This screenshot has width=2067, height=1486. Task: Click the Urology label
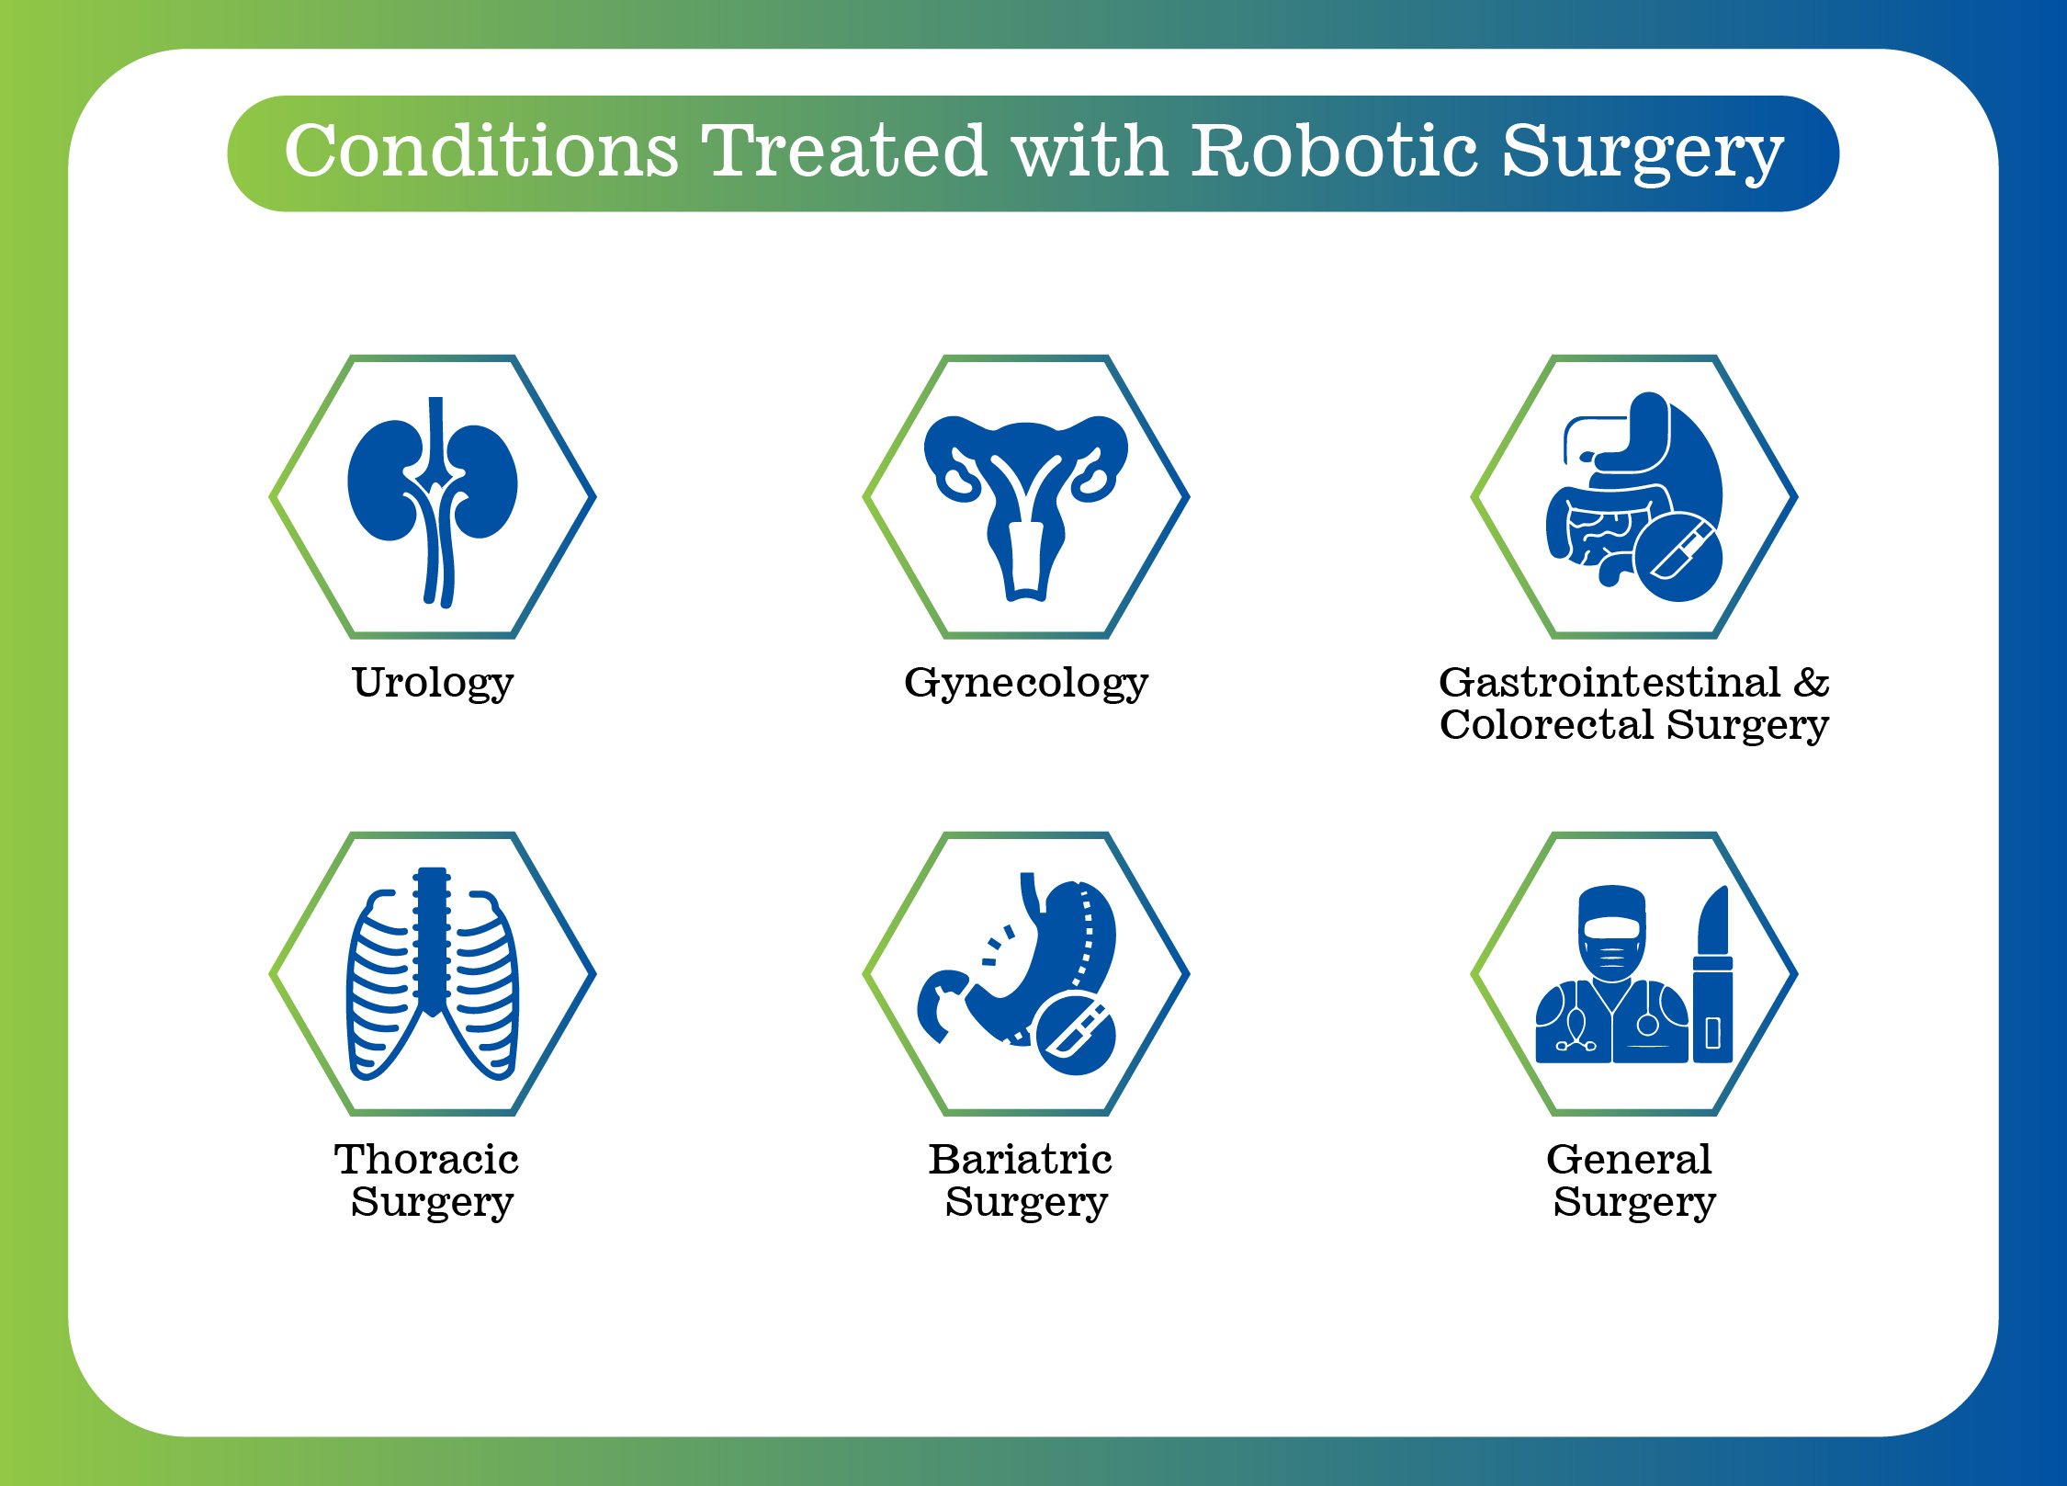(x=433, y=684)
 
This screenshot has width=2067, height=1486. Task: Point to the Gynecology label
(x=1026, y=684)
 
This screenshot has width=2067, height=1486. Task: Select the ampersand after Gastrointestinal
(x=1811, y=682)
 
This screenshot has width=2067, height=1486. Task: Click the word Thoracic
(x=426, y=1159)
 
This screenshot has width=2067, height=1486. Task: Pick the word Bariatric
(x=1020, y=1159)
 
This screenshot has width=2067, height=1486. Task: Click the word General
(x=1629, y=1159)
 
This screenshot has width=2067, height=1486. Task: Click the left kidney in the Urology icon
(x=386, y=480)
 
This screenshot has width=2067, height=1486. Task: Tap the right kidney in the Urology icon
(x=482, y=480)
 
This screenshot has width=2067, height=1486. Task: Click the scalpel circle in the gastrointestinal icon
(x=1678, y=558)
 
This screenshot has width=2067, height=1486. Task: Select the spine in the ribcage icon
(x=432, y=941)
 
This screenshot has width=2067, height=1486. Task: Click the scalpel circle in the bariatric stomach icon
(x=1076, y=1035)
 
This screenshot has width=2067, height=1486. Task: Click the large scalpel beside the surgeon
(x=1712, y=974)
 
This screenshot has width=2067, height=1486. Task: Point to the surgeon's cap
(x=1611, y=904)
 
